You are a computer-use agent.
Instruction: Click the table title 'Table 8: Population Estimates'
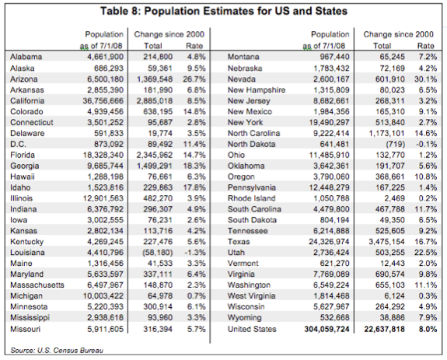click(223, 12)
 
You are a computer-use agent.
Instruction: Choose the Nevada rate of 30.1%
click(425, 79)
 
